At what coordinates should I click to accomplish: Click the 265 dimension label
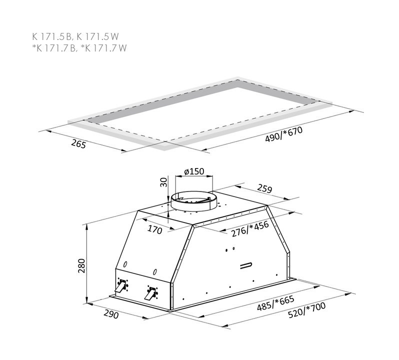[x=78, y=144]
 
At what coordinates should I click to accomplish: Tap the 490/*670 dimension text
[x=283, y=134]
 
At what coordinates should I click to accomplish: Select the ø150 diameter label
[x=194, y=171]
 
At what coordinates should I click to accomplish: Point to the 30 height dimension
[x=164, y=182]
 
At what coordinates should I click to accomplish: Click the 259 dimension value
[x=264, y=188]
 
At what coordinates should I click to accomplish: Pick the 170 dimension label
[x=154, y=229]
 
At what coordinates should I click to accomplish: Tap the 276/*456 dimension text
[x=250, y=229]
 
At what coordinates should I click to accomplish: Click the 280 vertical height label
[x=81, y=265]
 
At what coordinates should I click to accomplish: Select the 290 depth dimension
[x=111, y=314]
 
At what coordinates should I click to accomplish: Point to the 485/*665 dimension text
[x=275, y=303]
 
